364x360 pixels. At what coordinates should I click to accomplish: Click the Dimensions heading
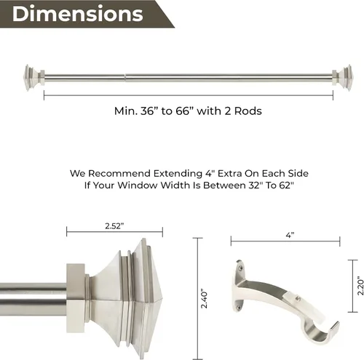point(78,14)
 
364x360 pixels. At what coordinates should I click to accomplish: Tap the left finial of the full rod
point(34,78)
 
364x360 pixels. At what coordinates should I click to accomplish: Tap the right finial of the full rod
point(342,78)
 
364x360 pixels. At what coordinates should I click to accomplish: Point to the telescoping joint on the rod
point(125,78)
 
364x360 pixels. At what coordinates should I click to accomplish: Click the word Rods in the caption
point(248,111)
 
